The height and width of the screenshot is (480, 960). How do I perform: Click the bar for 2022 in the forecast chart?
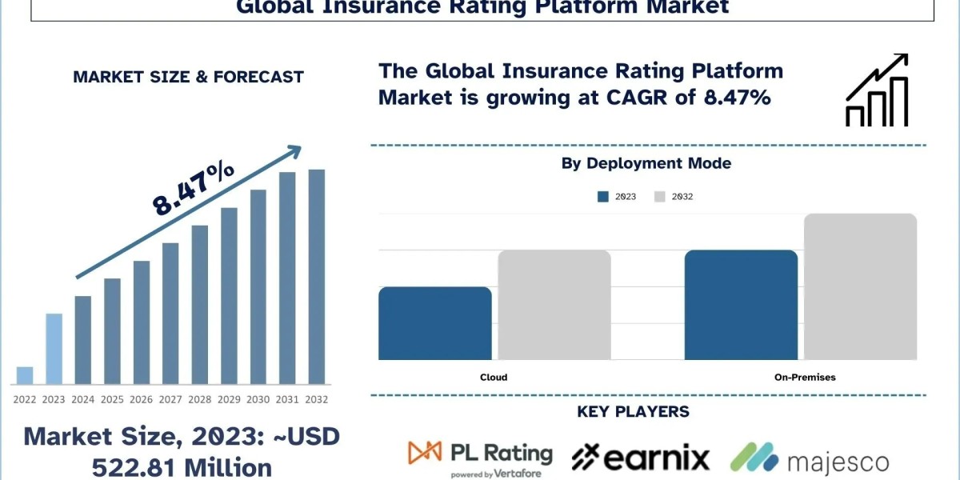pos(25,375)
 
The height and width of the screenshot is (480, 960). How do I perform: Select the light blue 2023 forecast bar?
pos(54,349)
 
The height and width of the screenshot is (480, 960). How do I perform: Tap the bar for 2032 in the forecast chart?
pos(317,277)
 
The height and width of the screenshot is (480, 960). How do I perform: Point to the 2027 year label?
pos(170,398)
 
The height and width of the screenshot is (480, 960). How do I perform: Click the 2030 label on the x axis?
pos(258,398)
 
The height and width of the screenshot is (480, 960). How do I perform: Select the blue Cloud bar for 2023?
pos(435,323)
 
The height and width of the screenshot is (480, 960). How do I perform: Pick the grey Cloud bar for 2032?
pos(554,305)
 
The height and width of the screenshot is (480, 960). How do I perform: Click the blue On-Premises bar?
pos(741,305)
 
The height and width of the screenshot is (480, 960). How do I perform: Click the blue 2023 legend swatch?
pos(604,197)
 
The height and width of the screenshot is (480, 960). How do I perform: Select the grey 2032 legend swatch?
pos(660,197)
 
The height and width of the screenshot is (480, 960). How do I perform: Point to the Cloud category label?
pos(494,377)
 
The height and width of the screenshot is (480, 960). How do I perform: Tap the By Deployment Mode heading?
pos(646,164)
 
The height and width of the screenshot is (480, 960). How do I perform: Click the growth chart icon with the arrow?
pos(877,90)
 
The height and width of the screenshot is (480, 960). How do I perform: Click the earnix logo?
pos(640,458)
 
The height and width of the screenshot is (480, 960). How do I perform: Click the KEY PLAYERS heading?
pos(633,413)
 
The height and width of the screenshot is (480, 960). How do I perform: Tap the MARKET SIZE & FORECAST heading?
pos(188,78)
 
